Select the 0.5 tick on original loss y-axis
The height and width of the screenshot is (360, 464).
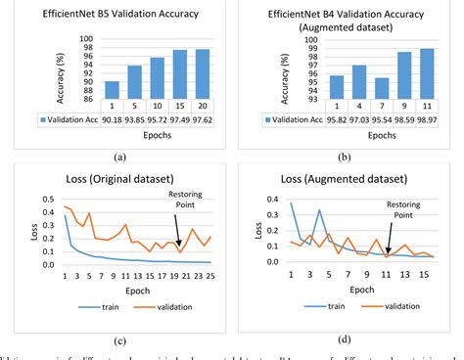tap(32, 199)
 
